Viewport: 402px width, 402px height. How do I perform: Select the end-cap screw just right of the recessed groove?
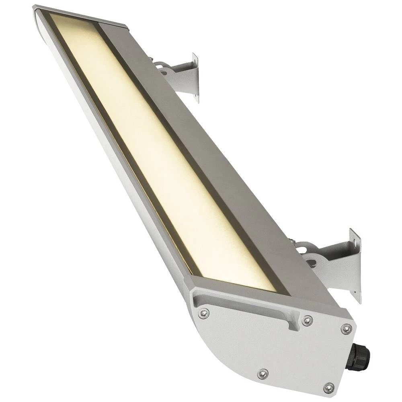[307, 320]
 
